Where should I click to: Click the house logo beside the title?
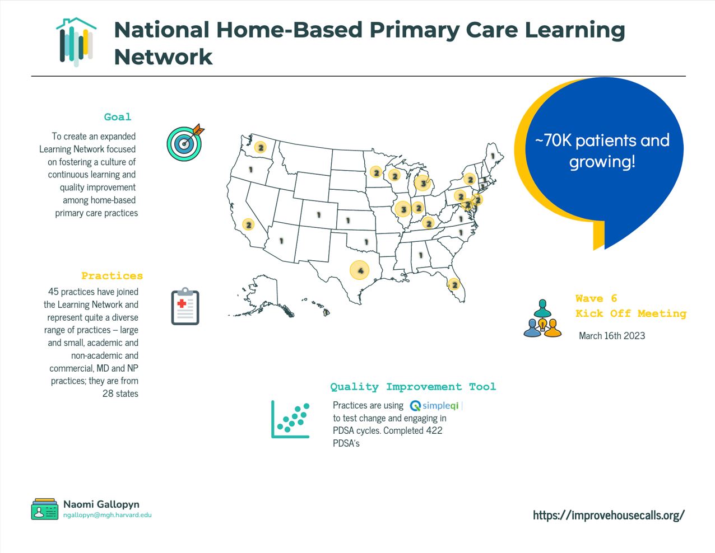[x=76, y=42]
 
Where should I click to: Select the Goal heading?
[x=118, y=117]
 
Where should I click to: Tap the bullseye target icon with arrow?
[x=185, y=142]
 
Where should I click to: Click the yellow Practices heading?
[x=112, y=276]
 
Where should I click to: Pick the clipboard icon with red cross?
[x=185, y=307]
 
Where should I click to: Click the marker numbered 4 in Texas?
[x=360, y=270]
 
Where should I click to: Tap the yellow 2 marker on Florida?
[x=454, y=285]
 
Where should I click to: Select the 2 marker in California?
[x=248, y=224]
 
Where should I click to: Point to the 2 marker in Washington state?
[x=261, y=147]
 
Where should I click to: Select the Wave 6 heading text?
[x=596, y=298]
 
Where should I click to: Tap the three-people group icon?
[x=542, y=319]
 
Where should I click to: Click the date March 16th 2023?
[x=612, y=336]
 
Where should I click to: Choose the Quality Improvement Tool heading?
[x=413, y=387]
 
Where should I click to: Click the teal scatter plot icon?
[x=290, y=419]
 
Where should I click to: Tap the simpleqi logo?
[x=435, y=406]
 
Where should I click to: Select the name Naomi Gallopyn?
[x=101, y=504]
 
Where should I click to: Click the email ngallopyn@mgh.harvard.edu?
[x=107, y=515]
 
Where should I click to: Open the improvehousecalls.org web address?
[x=609, y=515]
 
